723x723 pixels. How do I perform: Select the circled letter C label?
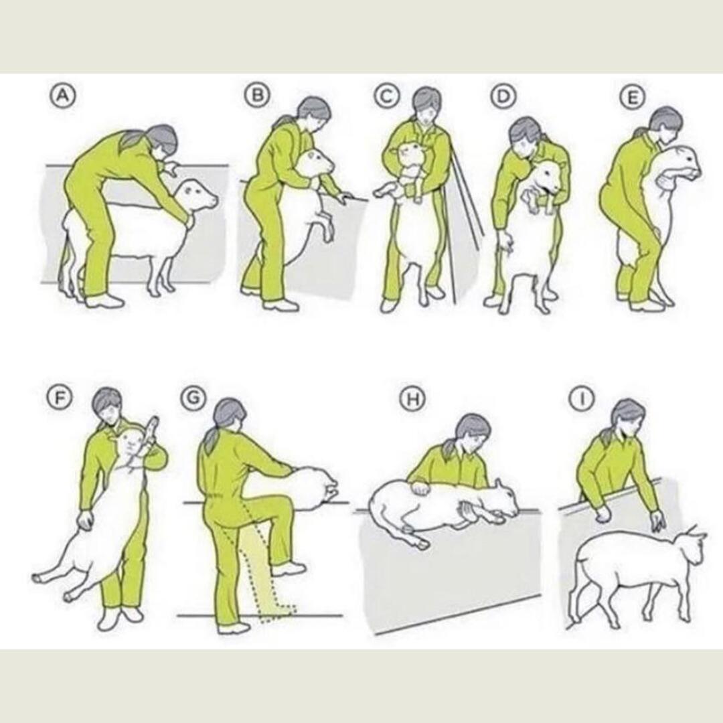pos(386,96)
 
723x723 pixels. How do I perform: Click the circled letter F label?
pos(58,397)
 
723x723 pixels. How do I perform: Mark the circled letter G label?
pos(193,397)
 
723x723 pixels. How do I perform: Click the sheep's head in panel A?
pos(199,193)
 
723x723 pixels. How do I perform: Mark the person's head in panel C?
pos(426,103)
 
